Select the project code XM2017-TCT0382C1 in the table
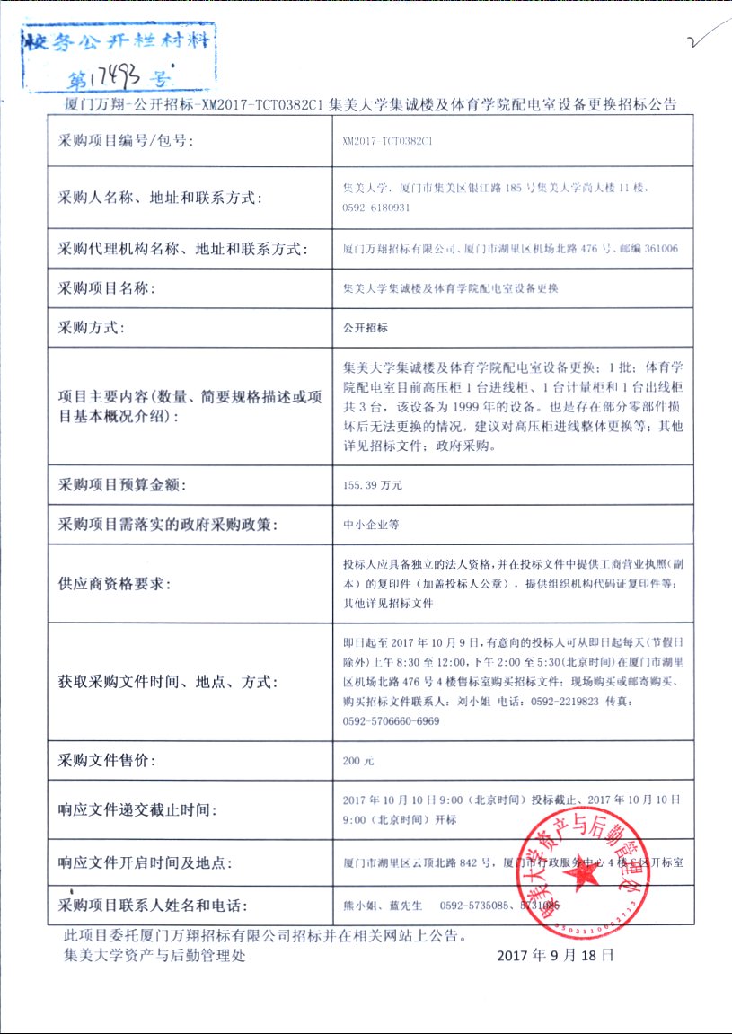coord(388,141)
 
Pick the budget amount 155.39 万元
coord(373,485)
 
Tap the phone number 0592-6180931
coord(376,208)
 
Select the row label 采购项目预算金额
coord(121,485)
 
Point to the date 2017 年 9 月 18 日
coord(556,955)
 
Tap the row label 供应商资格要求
coord(114,583)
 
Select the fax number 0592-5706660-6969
coord(392,720)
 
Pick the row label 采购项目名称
coord(107,288)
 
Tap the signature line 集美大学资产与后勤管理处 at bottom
coord(154,955)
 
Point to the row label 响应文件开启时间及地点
coord(146,862)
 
